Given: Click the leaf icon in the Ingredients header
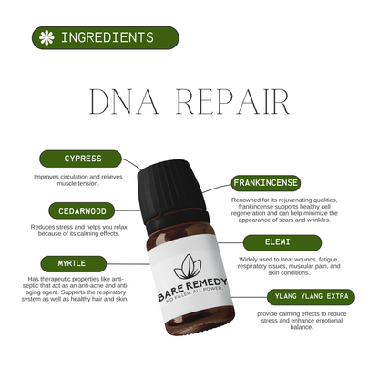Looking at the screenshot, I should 45,38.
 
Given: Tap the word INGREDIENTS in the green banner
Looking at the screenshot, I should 107,38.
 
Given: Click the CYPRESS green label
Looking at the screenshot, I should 83,159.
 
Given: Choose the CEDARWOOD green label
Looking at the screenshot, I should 83,210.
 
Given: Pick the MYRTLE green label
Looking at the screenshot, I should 83,262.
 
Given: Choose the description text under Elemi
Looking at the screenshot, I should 289,266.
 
